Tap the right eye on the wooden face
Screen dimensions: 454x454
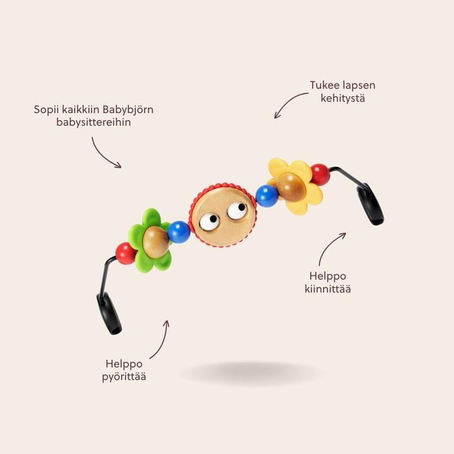click(237, 211)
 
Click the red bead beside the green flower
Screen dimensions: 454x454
click(125, 253)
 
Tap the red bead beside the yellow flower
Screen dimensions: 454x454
click(320, 174)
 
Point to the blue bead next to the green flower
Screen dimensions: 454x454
click(179, 232)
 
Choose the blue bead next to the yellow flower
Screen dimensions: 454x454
click(267, 195)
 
